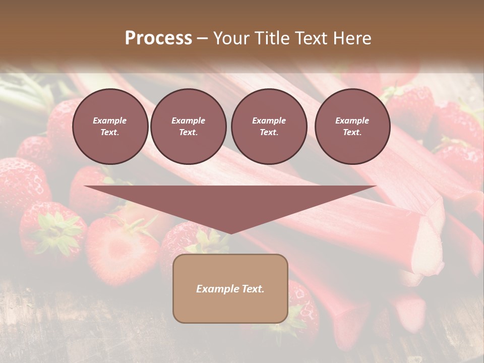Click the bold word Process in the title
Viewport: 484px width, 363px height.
(158, 38)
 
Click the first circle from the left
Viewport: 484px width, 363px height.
(110, 127)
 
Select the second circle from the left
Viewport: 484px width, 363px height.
(188, 127)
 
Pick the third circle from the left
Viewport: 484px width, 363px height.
(269, 127)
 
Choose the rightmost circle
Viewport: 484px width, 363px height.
(352, 127)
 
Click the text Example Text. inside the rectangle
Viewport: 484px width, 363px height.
(230, 289)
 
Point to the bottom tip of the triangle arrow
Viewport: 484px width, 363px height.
(230, 232)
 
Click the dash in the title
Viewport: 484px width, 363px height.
(202, 39)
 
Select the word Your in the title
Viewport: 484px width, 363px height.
(230, 38)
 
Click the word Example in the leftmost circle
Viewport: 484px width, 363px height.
(109, 120)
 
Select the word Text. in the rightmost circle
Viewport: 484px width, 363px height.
(352, 133)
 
